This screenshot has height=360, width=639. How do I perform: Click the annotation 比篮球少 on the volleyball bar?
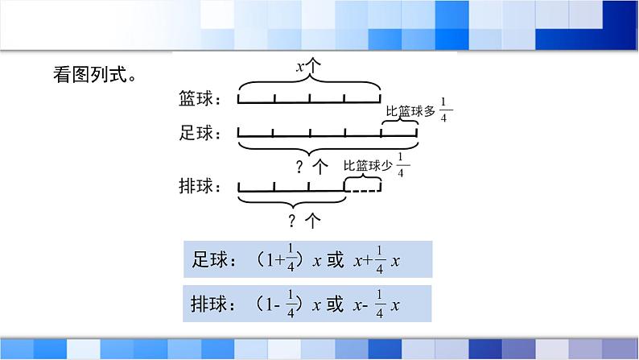click(368, 167)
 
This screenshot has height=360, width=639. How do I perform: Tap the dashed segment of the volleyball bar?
click(362, 191)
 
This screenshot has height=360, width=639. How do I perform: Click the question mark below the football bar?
click(299, 167)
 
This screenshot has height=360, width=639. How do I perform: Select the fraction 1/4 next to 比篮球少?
click(402, 167)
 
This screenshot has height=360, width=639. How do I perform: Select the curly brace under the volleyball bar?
click(292, 201)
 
